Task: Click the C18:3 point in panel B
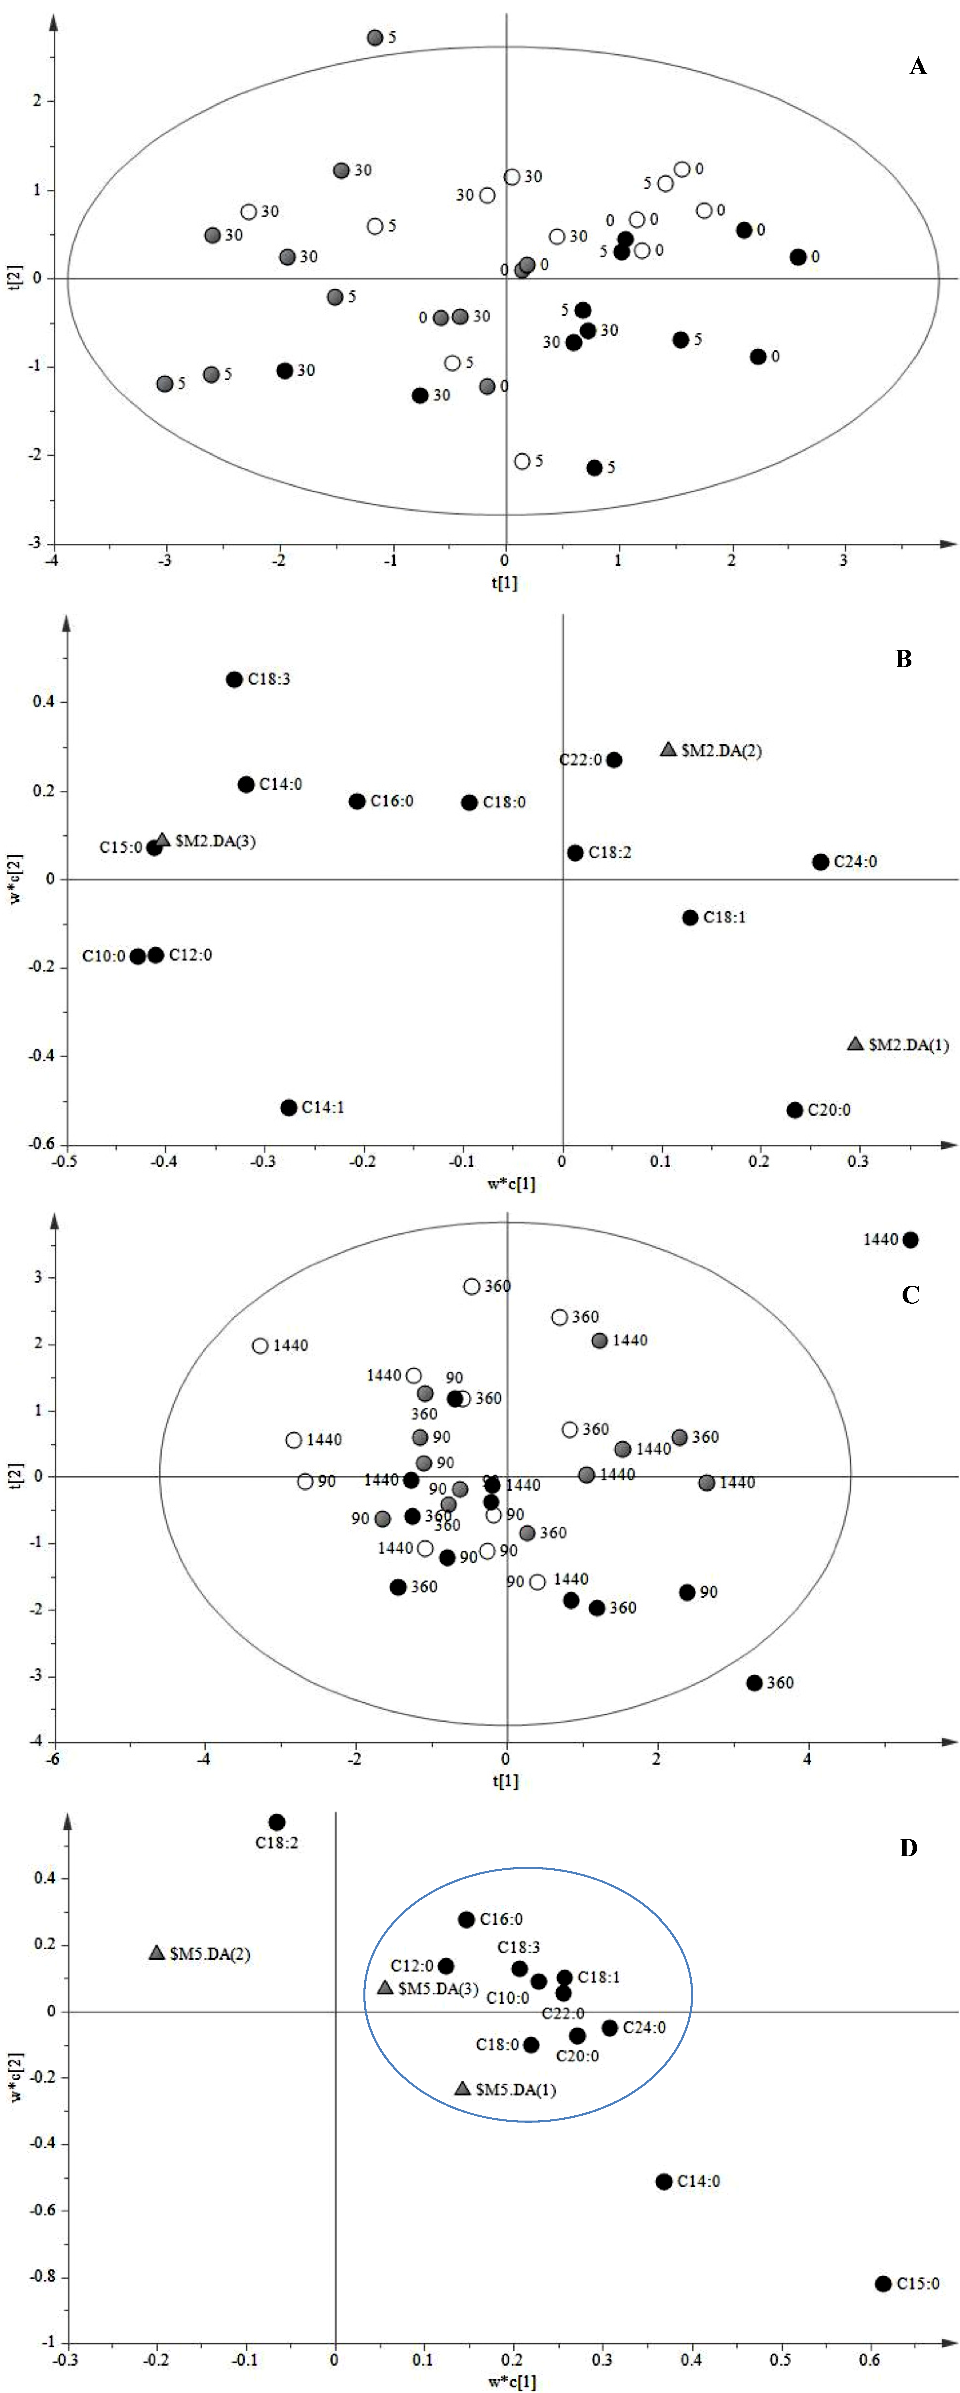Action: [x=234, y=679]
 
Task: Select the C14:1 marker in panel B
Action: [x=289, y=1107]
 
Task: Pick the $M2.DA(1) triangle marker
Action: [x=856, y=1044]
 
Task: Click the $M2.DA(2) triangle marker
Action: [x=669, y=749]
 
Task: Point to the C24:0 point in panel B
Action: [x=821, y=862]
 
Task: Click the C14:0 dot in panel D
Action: [x=664, y=2181]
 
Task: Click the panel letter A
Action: [x=917, y=66]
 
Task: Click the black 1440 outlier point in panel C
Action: [x=911, y=1240]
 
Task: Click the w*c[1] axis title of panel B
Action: [x=511, y=1184]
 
